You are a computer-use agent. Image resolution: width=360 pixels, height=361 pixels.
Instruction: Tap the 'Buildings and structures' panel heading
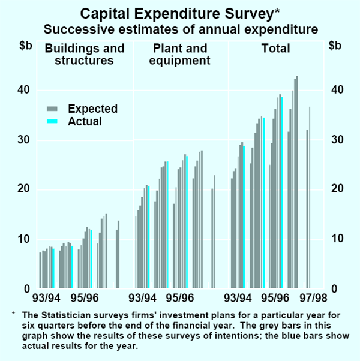click(x=85, y=54)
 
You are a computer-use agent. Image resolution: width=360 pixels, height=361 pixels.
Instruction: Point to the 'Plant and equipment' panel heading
click(x=180, y=54)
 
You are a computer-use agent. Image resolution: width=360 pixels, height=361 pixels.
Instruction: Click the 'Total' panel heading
click(x=275, y=48)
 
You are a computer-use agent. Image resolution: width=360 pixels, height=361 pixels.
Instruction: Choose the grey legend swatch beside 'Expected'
click(x=52, y=109)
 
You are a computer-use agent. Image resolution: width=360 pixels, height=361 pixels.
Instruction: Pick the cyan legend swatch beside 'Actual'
click(x=52, y=121)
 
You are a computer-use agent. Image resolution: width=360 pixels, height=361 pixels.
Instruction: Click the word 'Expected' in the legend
click(x=92, y=109)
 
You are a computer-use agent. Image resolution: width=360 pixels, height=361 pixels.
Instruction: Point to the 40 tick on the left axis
click(x=23, y=90)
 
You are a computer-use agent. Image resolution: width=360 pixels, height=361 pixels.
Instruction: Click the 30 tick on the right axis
click(x=337, y=140)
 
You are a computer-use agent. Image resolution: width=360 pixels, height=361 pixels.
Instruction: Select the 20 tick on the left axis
click(x=23, y=189)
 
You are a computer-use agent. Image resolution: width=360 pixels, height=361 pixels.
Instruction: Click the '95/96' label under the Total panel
click(x=275, y=297)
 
